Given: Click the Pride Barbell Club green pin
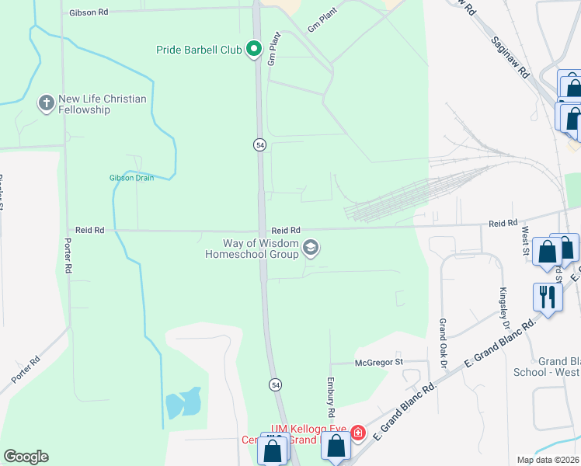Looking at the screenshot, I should (253, 50).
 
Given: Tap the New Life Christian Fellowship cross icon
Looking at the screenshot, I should (47, 103).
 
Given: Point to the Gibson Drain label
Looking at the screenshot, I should (131, 178).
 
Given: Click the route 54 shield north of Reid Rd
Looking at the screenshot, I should (259, 144).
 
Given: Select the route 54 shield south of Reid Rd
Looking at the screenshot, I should (275, 384).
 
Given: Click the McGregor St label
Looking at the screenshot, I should (379, 362).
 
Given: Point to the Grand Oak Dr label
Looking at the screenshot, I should (444, 334).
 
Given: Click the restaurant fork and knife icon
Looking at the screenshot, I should (547, 296).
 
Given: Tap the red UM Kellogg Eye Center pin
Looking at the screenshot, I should (358, 432).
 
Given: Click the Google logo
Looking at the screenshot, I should (26, 457).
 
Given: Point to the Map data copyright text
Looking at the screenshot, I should (546, 460).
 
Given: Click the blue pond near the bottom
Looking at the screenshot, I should (183, 402).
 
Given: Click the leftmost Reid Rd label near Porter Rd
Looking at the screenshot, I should (89, 230).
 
